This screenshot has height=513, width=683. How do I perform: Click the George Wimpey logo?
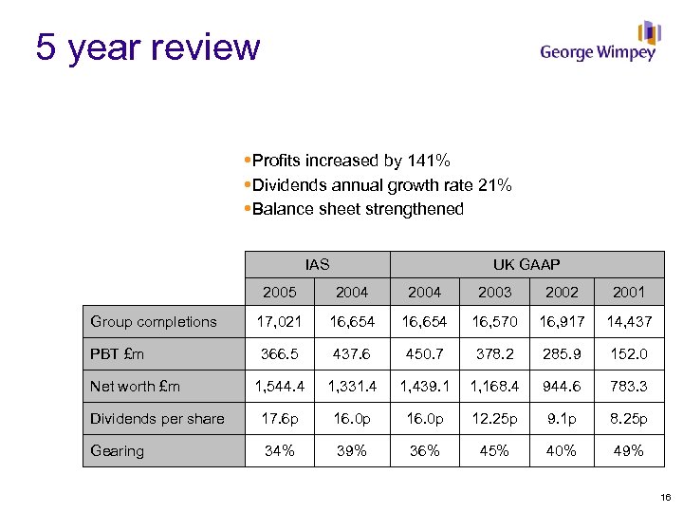pos(599,44)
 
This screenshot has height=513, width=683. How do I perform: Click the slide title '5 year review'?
pos(147,47)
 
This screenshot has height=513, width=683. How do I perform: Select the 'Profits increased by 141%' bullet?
pos(351,161)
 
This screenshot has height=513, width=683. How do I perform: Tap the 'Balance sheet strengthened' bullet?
pos(358,209)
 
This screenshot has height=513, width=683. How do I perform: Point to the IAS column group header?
pos(318,264)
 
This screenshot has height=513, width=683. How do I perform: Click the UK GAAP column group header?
pos(526,264)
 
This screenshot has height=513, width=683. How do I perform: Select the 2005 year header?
pos(280,292)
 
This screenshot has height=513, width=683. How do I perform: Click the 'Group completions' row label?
pos(154,321)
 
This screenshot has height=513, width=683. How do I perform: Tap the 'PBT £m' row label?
pos(118,354)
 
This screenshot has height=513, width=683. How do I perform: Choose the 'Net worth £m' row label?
pos(135,387)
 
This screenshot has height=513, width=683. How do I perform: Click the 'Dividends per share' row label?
pos(157,419)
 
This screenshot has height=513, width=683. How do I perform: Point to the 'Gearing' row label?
pos(118,450)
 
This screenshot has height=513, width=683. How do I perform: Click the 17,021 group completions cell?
pos(280,321)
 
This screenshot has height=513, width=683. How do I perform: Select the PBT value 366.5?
pos(280,354)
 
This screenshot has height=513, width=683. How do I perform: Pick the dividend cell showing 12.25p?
pos(494,419)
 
